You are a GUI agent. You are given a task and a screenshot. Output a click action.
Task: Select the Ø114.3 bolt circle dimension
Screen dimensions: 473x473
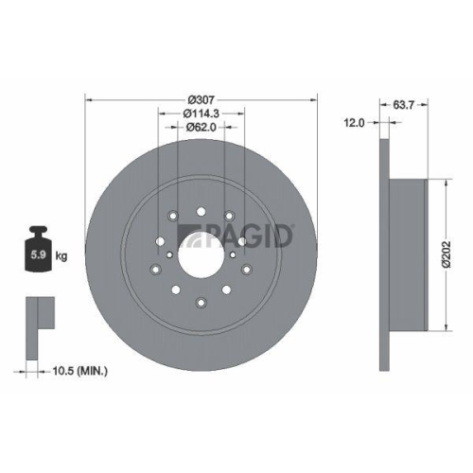coord(201,114)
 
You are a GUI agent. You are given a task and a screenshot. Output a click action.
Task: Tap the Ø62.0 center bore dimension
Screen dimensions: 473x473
coord(201,126)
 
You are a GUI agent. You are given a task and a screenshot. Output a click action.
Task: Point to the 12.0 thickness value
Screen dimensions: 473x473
coord(355,122)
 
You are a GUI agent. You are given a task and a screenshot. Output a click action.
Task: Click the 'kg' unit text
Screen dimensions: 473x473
coord(61,256)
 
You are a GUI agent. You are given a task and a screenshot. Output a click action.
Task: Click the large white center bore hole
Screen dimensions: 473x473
coord(201,254)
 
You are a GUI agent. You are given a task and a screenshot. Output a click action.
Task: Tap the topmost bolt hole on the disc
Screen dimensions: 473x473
coord(201,210)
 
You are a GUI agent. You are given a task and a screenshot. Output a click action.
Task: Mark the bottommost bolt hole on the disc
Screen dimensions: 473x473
coord(201,302)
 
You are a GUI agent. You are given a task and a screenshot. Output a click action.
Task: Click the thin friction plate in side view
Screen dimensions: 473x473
coord(384,254)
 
